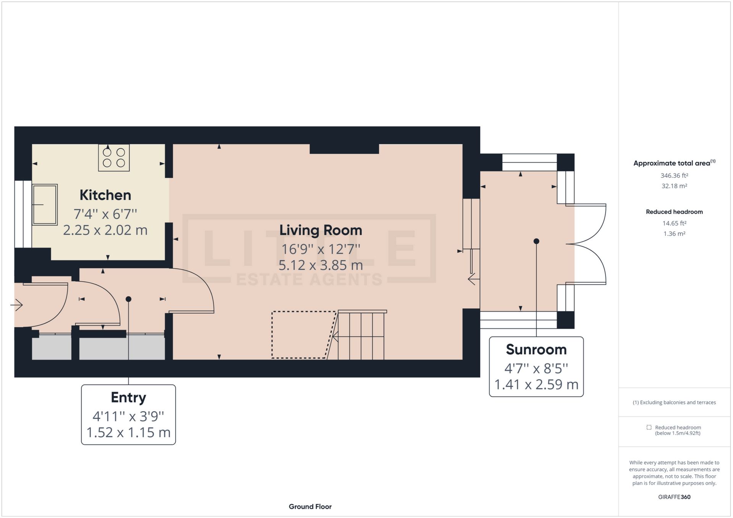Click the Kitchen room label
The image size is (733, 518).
coord(105,195)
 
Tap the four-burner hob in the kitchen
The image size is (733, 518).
coord(114,158)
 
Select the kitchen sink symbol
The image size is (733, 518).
coord(45,205)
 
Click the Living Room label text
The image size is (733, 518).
coord(320,230)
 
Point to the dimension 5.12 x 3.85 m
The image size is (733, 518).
coord(320,265)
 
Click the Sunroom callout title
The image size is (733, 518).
coord(536,349)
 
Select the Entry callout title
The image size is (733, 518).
coord(128,397)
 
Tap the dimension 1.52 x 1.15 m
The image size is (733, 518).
coord(128,433)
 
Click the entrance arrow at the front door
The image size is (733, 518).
coord(17,305)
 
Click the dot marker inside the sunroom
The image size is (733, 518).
coord(536,241)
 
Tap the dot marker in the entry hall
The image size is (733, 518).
coord(128,299)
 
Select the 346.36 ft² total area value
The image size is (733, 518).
coord(674,176)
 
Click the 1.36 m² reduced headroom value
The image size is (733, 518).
coord(674,234)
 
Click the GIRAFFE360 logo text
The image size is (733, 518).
coord(674,497)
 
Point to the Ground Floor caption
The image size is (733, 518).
coord(310,507)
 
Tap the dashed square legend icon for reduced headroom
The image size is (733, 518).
coord(649,427)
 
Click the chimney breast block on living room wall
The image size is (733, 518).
coord(344,149)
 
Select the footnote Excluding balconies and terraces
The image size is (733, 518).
coord(674,402)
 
